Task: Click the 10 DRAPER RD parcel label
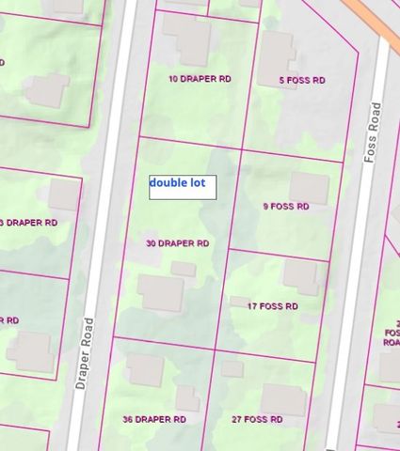199,79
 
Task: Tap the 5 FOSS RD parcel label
302,81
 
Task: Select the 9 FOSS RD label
285,207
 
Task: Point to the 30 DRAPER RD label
177,243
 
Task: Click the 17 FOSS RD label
272,306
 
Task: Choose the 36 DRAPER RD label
154,419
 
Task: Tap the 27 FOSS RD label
258,419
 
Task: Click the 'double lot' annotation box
183,187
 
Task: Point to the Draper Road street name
89,348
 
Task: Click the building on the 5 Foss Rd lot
277,52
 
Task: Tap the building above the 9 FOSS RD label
308,187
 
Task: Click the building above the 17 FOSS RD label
301,275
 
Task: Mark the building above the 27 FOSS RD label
283,399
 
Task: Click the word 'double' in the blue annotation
168,183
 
